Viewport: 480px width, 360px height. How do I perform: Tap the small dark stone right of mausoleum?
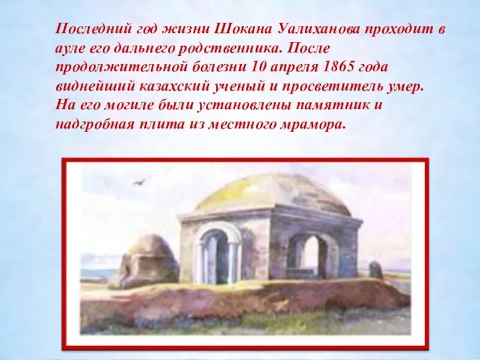pos(376,270)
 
